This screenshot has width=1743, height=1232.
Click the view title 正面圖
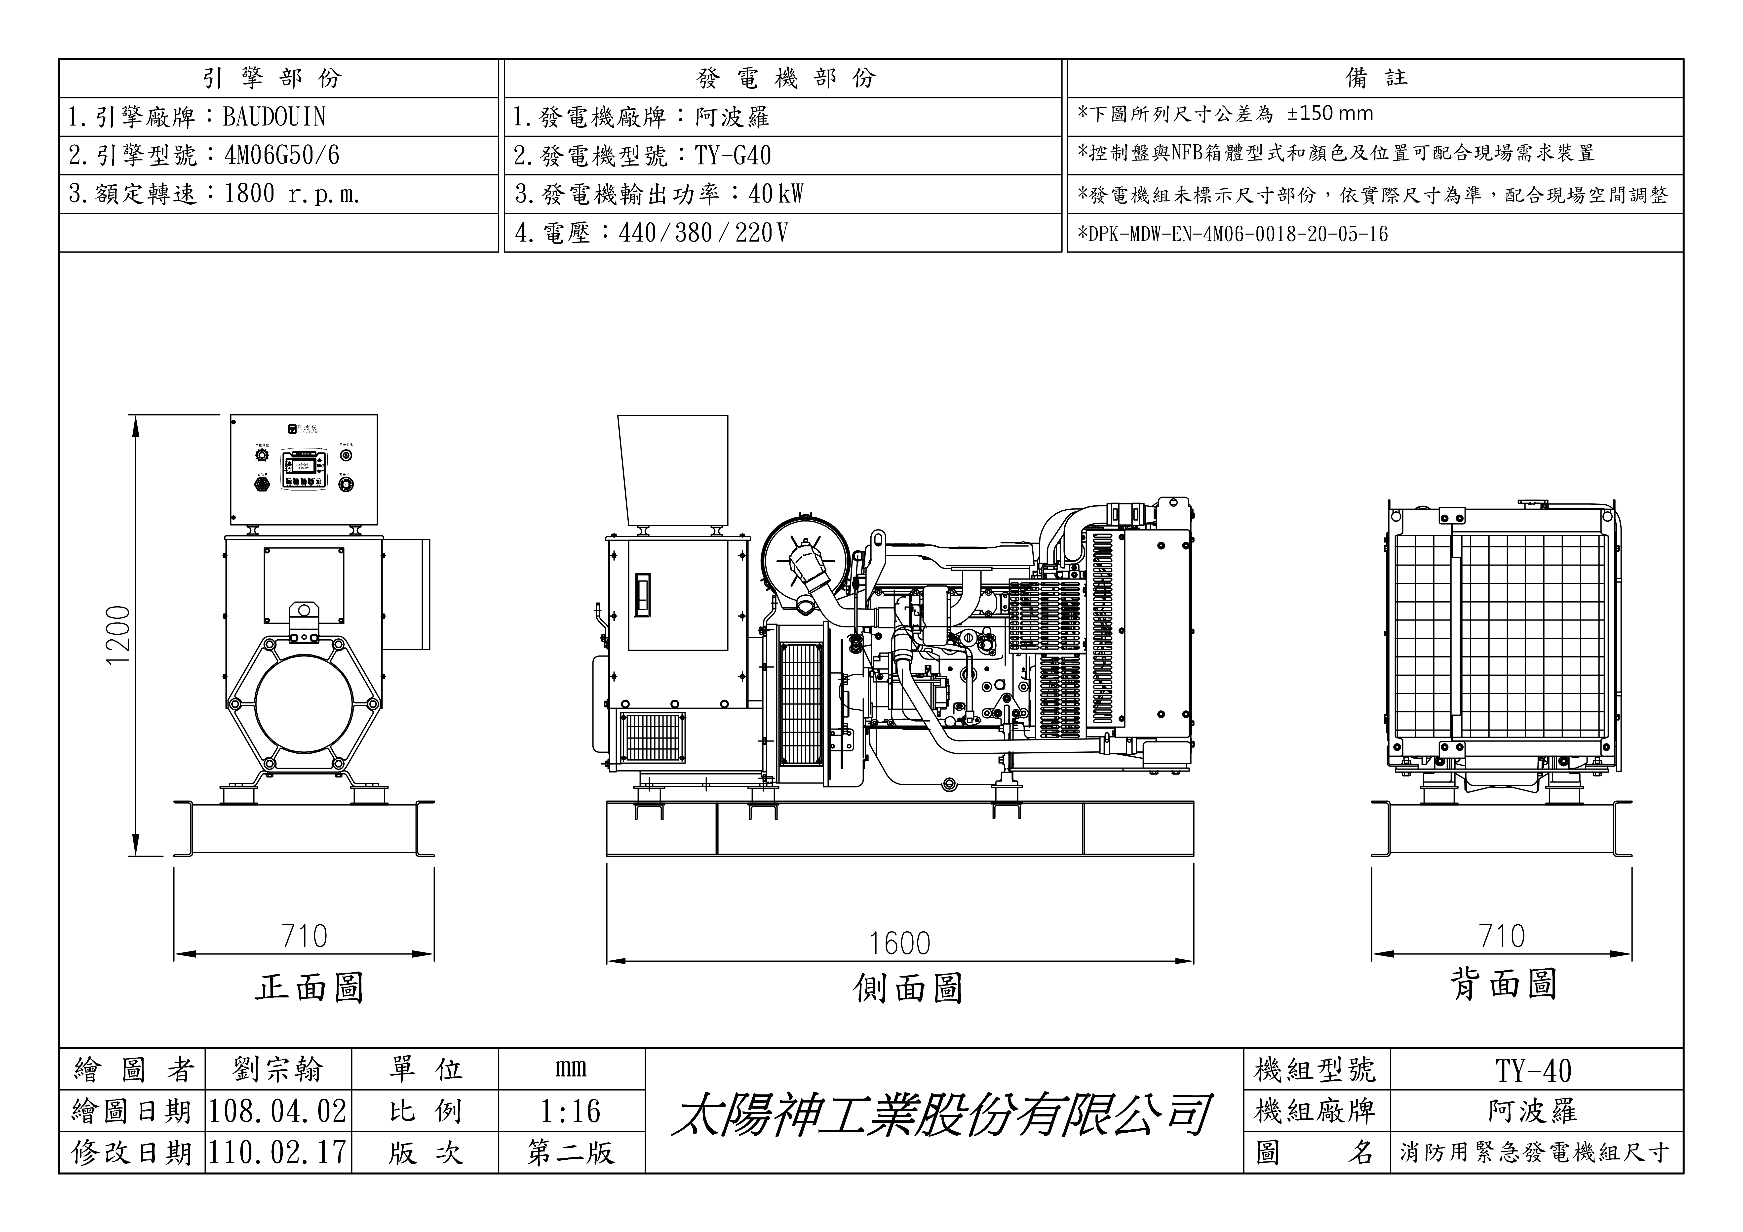[x=309, y=987]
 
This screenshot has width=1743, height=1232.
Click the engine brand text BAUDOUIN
[x=274, y=117]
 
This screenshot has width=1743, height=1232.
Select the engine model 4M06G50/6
[x=282, y=156]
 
